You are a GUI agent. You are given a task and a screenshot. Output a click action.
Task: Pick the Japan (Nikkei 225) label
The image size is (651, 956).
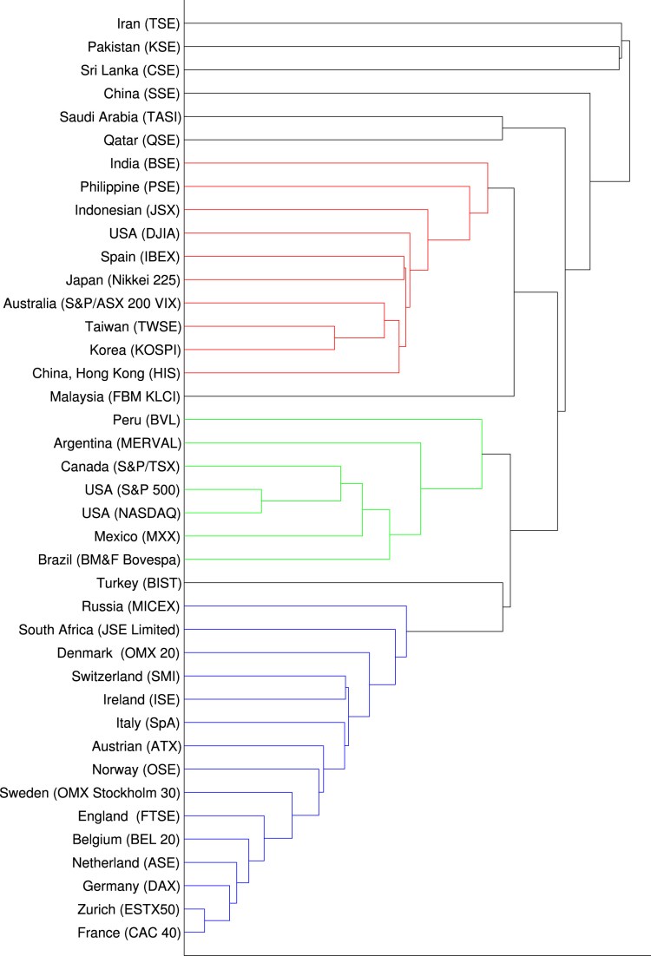122,279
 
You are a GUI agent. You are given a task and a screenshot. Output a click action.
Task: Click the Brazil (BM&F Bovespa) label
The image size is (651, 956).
109,560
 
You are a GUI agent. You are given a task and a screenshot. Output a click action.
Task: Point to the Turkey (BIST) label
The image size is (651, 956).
139,583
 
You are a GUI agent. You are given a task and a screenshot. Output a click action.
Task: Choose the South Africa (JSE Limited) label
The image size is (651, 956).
99,630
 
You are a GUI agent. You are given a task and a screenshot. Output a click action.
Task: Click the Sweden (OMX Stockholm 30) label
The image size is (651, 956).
90,793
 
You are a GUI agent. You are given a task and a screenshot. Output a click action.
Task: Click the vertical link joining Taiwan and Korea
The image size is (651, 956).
335,337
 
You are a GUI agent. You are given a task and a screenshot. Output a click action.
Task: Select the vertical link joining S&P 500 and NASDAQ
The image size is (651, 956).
261,501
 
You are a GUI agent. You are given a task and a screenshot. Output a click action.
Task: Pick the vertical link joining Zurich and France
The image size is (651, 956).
204,921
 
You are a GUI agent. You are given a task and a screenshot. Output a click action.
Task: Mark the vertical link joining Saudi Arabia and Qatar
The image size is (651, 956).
503,128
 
